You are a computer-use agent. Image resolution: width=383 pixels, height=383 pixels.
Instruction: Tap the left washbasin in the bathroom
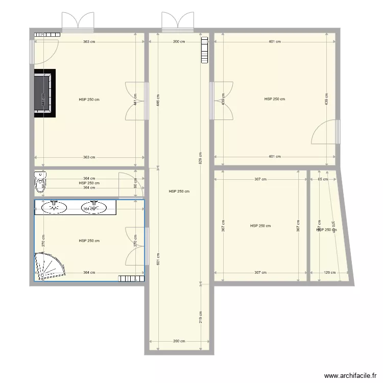[x=54, y=207]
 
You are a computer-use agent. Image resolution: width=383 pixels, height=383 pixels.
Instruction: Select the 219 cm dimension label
[x=201, y=317]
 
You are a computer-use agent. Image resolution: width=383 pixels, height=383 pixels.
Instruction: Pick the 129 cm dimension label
[x=330, y=273]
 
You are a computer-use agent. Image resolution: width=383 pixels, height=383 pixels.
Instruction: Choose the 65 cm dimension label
[x=323, y=179]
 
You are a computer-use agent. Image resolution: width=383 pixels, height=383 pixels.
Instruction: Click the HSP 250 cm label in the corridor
[x=179, y=192]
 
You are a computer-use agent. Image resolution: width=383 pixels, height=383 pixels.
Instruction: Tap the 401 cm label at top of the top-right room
[x=275, y=42]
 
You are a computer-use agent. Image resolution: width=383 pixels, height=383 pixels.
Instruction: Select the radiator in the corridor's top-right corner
[x=205, y=50]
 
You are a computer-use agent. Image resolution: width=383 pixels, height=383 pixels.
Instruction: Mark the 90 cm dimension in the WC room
[x=135, y=186]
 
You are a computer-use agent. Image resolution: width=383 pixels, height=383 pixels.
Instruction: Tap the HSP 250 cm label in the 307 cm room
[x=260, y=226]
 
